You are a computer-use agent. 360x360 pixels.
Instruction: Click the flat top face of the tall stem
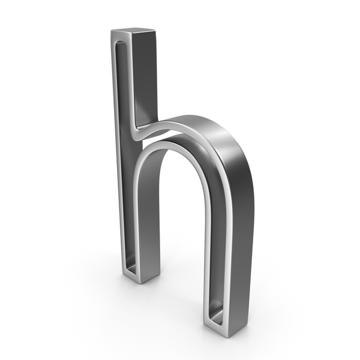[x=133, y=31]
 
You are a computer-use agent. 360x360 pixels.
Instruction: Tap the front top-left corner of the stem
[x=111, y=31]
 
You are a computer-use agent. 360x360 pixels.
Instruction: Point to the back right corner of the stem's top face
[x=154, y=29]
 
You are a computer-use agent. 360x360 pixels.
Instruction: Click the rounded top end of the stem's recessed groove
[x=121, y=43]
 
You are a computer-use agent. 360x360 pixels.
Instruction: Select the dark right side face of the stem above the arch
[x=145, y=78]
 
